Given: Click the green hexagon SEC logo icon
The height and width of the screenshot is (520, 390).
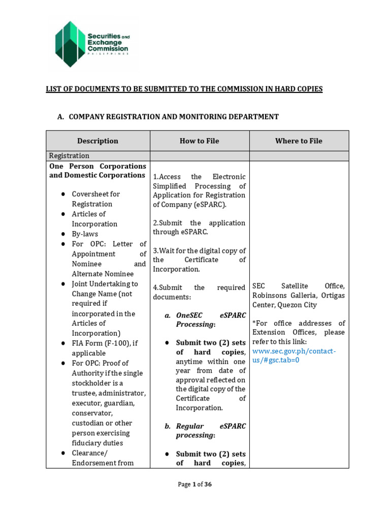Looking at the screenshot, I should pyautogui.click(x=71, y=44).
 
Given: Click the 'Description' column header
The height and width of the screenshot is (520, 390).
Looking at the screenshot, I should pyautogui.click(x=97, y=141).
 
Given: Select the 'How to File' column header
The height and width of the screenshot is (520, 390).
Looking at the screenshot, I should pyautogui.click(x=199, y=141).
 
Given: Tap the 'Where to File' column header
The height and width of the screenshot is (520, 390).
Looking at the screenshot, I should pyautogui.click(x=299, y=141).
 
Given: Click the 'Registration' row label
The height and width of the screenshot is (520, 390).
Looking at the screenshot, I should pyautogui.click(x=69, y=156).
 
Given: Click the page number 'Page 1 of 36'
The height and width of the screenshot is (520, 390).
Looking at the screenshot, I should pyautogui.click(x=194, y=484).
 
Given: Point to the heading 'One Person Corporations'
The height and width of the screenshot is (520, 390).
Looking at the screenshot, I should pyautogui.click(x=97, y=166).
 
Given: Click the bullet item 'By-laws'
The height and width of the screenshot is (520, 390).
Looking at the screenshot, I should pyautogui.click(x=85, y=234).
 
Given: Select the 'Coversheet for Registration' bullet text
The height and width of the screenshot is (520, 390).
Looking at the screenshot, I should pyautogui.click(x=96, y=199).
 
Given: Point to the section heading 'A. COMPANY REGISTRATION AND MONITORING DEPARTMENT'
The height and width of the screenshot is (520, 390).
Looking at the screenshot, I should pyautogui.click(x=168, y=117).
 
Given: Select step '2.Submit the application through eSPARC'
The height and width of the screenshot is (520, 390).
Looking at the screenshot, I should pyautogui.click(x=199, y=227).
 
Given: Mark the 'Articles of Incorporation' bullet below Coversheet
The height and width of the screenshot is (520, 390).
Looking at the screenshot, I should pyautogui.click(x=94, y=219).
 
